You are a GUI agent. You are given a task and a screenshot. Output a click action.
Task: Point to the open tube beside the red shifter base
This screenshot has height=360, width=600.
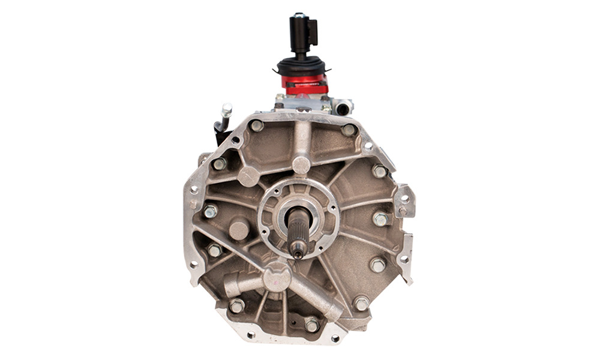tap(343, 109)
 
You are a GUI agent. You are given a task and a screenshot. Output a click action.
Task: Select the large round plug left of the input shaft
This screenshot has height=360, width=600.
tap(239, 230)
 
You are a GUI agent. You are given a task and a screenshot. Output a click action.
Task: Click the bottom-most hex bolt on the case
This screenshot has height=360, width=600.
tap(312, 325)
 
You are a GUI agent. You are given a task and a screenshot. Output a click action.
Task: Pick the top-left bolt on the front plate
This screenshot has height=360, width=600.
tap(257, 126)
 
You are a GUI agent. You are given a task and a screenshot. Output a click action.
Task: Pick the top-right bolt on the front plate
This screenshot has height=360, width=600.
tap(349, 130)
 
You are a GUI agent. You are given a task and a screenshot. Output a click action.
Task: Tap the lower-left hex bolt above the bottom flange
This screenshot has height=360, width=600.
tap(236, 306)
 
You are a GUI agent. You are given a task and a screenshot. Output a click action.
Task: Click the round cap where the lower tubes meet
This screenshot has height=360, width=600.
tap(277, 277)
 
